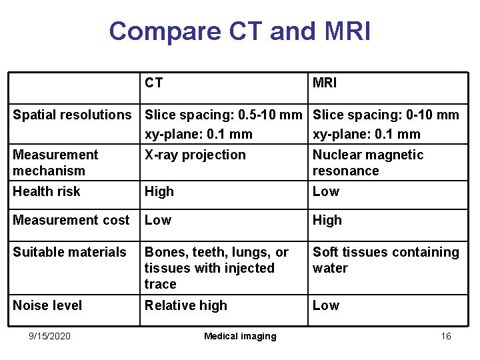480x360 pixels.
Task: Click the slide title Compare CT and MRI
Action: [239, 31]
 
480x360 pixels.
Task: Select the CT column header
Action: [154, 83]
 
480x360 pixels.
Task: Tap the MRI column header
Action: [325, 83]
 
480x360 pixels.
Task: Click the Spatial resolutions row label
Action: [73, 115]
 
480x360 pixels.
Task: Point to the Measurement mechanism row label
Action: [55, 163]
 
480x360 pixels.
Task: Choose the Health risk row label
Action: [47, 191]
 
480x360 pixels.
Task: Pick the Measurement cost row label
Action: [71, 220]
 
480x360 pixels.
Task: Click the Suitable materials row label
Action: [69, 252]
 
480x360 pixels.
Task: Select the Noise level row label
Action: [47, 305]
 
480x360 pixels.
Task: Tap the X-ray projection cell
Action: [195, 155]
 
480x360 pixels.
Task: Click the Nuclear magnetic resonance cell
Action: [368, 163]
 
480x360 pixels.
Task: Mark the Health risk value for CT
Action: [159, 191]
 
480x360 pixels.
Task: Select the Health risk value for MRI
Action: [326, 191]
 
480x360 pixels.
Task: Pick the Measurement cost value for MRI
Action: [327, 220]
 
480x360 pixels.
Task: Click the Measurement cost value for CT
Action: [158, 220]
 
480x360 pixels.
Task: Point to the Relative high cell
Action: [186, 305]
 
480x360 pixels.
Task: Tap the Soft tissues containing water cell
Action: [386, 260]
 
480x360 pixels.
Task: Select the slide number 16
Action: [446, 336]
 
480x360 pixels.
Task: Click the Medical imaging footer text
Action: [240, 336]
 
